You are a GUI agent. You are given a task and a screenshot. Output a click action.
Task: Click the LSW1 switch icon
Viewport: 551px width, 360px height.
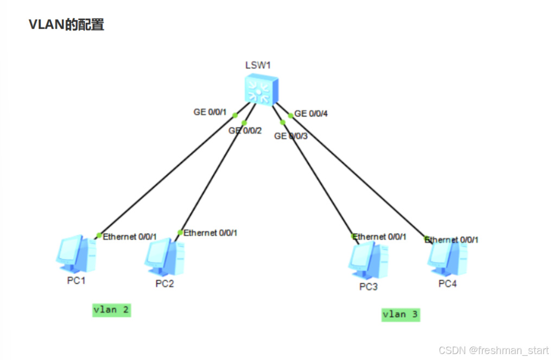click(261, 90)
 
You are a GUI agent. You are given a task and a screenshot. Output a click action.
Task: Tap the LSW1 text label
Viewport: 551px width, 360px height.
click(257, 65)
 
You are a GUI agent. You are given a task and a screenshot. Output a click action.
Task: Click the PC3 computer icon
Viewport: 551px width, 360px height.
click(368, 261)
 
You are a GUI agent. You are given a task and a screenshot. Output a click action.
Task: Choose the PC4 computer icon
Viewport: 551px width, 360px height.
click(447, 259)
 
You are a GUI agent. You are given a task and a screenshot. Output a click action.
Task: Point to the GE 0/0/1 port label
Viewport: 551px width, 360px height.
click(211, 112)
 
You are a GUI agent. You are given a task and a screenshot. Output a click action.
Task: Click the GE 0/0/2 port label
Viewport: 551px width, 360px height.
click(245, 131)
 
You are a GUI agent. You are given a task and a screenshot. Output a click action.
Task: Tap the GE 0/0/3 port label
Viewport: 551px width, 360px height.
click(291, 136)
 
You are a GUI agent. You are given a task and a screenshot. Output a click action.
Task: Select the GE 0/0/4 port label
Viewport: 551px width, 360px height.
click(311, 114)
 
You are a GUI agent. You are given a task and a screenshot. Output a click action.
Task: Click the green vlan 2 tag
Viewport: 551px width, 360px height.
click(111, 310)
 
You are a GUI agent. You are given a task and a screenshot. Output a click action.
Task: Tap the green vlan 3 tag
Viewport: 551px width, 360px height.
click(401, 314)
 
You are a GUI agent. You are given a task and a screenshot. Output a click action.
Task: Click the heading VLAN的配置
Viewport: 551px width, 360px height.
click(66, 25)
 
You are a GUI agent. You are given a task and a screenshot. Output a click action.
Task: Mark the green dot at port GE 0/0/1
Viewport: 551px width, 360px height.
click(235, 115)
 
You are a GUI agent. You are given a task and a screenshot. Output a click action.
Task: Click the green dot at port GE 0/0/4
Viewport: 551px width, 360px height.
click(290, 115)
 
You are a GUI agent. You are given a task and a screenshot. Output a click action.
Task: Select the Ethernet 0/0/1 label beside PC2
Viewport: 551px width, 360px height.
click(210, 233)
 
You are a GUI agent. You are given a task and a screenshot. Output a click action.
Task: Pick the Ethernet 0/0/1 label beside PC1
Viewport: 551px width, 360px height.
click(130, 237)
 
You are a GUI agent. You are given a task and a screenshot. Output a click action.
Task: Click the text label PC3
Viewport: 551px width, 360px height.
click(368, 287)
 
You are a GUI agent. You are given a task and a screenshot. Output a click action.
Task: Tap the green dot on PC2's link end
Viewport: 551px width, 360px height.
click(180, 232)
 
